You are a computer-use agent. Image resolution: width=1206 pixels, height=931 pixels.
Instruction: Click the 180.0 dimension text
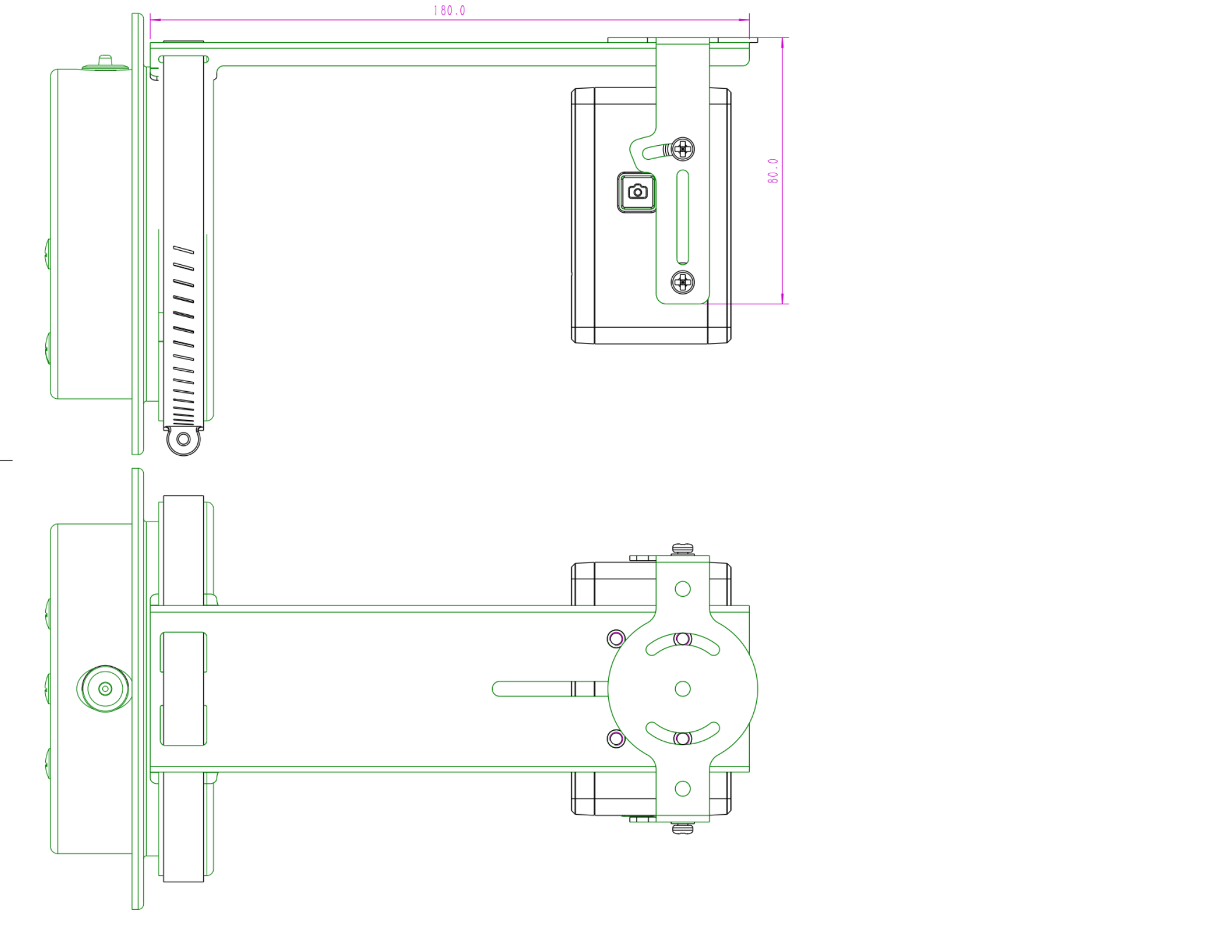click(x=449, y=11)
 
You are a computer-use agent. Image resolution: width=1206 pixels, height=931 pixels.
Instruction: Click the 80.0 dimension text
click(x=773, y=171)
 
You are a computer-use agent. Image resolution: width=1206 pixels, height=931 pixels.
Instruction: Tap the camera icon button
click(x=637, y=192)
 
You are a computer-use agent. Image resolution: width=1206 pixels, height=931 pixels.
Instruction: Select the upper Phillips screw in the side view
click(x=682, y=149)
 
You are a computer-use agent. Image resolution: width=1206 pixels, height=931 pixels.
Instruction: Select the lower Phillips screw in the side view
click(x=682, y=283)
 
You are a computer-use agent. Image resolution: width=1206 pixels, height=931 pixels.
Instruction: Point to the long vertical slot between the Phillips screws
click(x=682, y=217)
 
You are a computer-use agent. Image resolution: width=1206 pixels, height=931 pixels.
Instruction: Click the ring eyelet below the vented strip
click(x=183, y=439)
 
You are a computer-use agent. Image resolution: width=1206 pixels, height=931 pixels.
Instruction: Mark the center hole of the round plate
click(x=682, y=689)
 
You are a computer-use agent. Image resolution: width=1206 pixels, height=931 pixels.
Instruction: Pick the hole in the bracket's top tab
click(x=682, y=589)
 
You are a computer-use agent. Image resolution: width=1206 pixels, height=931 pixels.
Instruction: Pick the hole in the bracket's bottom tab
click(x=682, y=789)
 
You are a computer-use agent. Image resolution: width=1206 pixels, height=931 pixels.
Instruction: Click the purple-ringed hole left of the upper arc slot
click(x=616, y=638)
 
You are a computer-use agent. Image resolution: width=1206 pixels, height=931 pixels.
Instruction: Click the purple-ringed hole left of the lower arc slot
click(x=616, y=738)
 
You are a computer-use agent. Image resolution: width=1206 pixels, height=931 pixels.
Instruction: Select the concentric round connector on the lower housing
click(x=105, y=689)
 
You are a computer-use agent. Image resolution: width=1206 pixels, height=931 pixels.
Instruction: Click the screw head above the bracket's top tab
click(x=682, y=549)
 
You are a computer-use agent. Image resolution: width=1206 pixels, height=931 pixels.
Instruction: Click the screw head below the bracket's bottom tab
click(x=682, y=829)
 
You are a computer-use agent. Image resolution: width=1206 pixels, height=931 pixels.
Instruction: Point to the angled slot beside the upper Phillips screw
click(x=655, y=152)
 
